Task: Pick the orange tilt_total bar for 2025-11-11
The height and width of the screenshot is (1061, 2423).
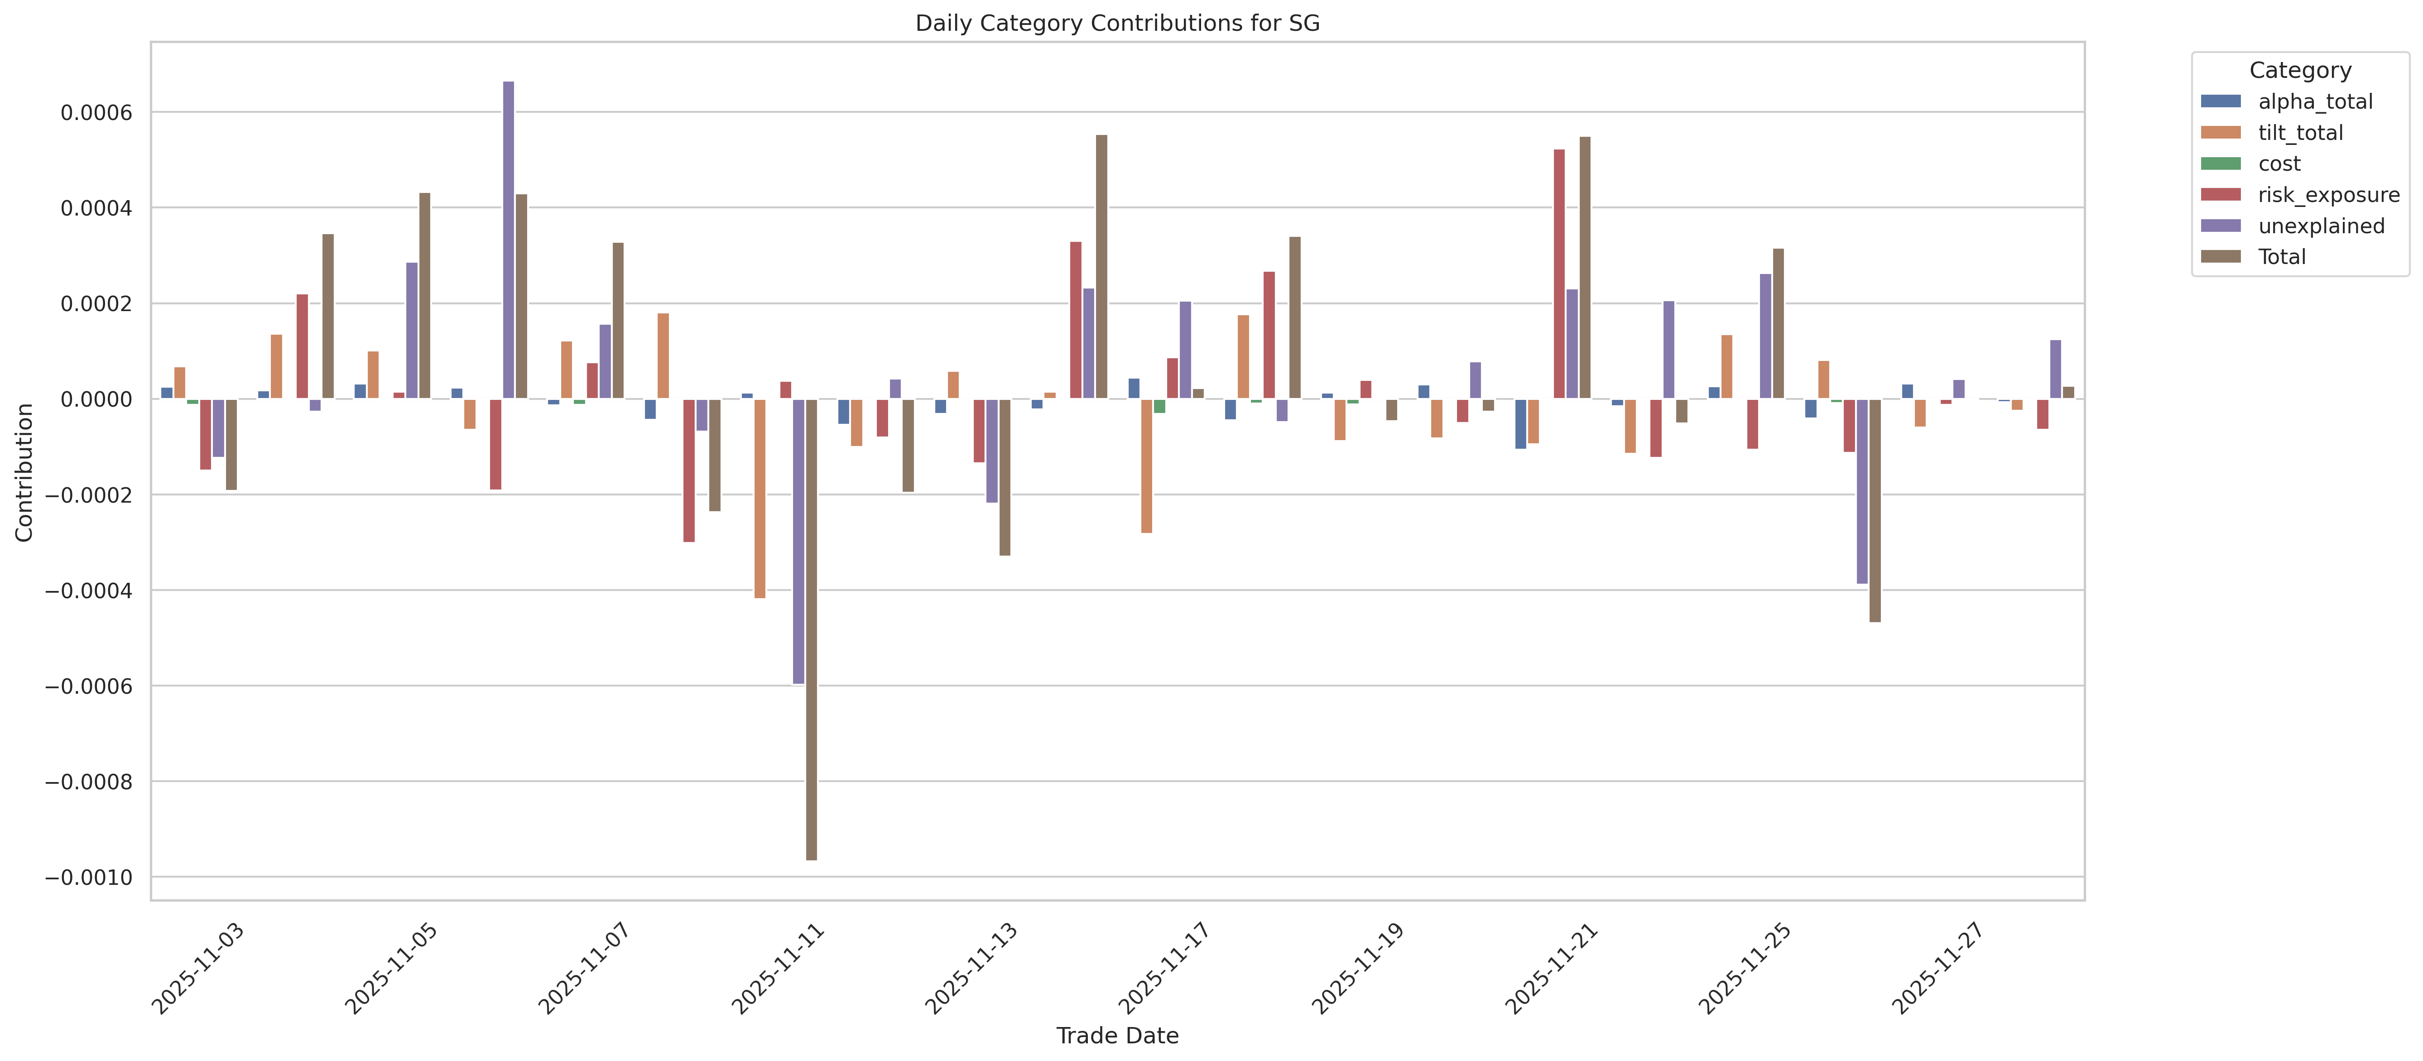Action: coord(760,499)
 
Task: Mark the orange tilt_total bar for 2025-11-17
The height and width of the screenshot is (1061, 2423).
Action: coord(1147,466)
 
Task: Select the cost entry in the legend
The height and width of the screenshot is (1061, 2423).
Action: coord(2279,163)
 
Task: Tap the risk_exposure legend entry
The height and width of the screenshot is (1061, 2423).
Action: coord(2328,195)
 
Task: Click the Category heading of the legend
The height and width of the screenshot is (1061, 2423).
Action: coord(2300,71)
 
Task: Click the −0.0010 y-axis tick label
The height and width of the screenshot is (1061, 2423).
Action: coord(89,878)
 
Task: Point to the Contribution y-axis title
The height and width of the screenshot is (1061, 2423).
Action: coord(24,472)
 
